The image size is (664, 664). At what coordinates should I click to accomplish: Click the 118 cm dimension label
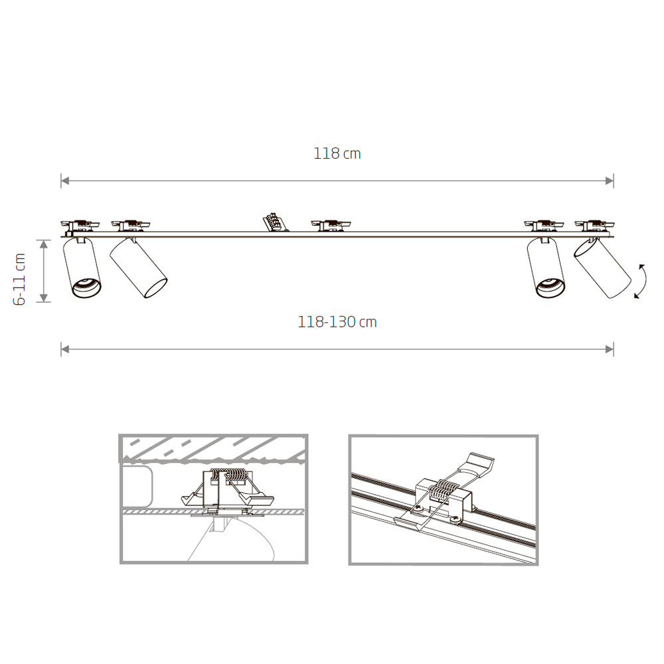(337, 153)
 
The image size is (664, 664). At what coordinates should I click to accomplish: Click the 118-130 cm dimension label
(337, 322)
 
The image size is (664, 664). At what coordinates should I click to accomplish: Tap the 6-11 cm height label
(20, 280)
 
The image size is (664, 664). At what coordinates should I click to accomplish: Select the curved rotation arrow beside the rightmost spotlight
(640, 281)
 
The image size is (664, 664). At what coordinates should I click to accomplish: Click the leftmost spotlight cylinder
(82, 268)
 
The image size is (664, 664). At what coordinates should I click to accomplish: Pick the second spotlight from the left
(139, 268)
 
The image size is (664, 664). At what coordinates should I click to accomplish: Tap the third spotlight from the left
(546, 268)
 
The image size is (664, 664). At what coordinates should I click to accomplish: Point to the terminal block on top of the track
(275, 222)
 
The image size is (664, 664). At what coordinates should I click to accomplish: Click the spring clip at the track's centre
(331, 225)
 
